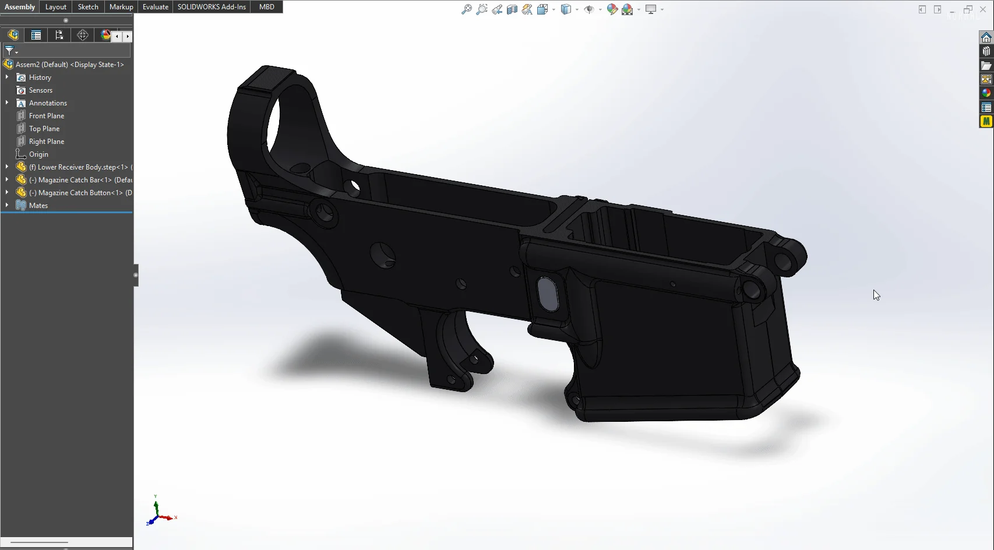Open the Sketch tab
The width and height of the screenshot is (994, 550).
(88, 7)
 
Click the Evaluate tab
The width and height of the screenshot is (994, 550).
(156, 7)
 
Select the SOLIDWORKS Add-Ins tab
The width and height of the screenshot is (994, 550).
(212, 7)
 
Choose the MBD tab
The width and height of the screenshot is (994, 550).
(267, 7)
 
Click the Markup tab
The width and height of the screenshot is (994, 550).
(121, 7)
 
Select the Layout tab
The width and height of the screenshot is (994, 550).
(56, 7)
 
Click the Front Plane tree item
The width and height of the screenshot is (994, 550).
(47, 116)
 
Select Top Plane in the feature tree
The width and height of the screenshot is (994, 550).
(44, 129)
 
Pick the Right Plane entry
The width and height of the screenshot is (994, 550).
(47, 142)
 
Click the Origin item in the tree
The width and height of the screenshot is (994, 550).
(38, 154)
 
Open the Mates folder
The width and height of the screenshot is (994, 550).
(38, 206)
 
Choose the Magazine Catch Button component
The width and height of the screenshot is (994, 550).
(76, 193)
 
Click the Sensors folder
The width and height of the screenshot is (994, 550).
(41, 90)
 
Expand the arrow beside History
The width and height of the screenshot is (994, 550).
(7, 77)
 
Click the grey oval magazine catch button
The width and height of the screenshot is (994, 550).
(548, 294)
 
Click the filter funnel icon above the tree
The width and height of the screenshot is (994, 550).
(9, 51)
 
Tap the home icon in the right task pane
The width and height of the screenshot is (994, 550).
(986, 37)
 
